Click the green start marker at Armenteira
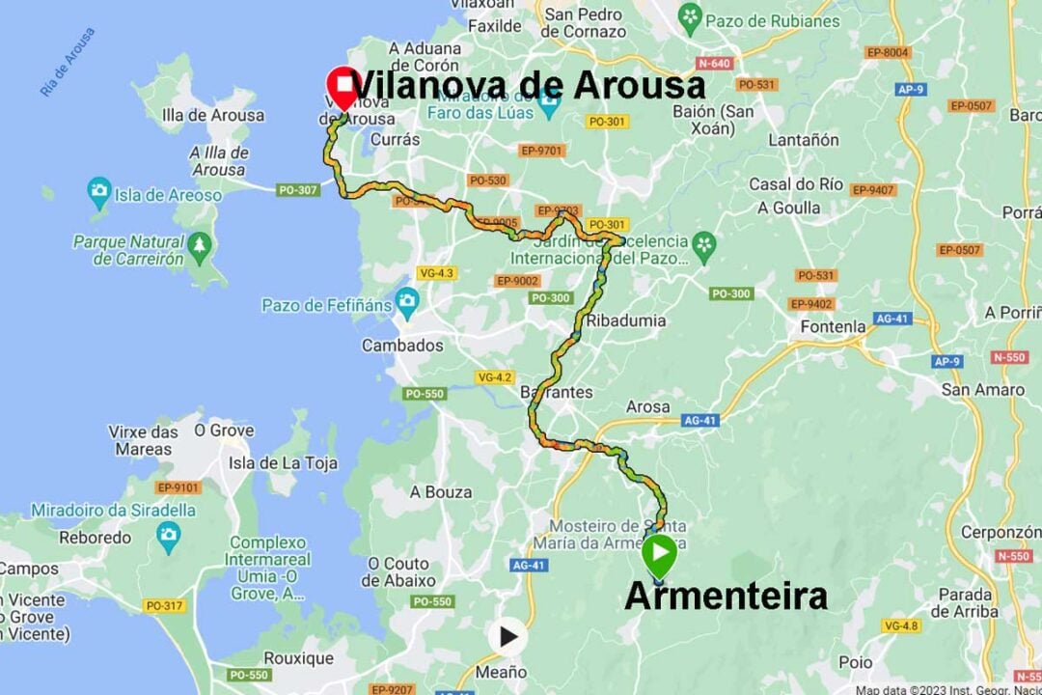tap(659, 555)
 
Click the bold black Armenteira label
tap(726, 596)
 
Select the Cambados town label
tap(402, 346)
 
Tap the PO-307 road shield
tap(298, 190)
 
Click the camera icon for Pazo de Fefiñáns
tap(406, 300)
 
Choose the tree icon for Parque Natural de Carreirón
tap(200, 243)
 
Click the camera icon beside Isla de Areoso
tap(98, 190)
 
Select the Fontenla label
tap(833, 326)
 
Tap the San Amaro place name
tap(983, 390)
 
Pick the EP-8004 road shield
tap(888, 52)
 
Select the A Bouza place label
tap(441, 492)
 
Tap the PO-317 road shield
tap(165, 605)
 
